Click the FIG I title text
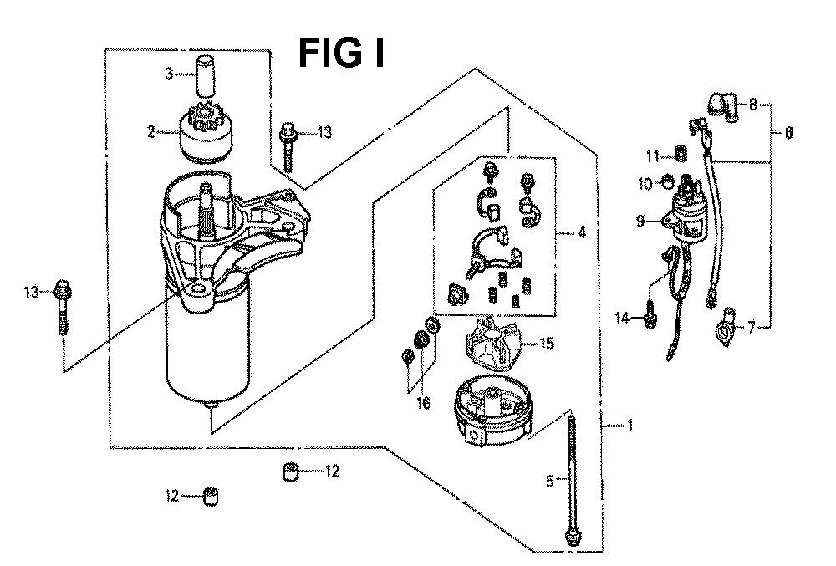[341, 54]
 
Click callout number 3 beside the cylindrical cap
[169, 74]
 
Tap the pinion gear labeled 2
[206, 133]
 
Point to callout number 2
[151, 131]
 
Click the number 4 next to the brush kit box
[581, 233]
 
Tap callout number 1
[630, 425]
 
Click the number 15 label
[547, 344]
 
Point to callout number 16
[423, 403]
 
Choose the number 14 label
[622, 319]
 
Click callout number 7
[752, 326]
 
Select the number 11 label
[653, 156]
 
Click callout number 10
[645, 184]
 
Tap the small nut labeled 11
[680, 154]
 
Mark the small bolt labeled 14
[650, 314]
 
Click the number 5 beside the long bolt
[550, 482]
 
